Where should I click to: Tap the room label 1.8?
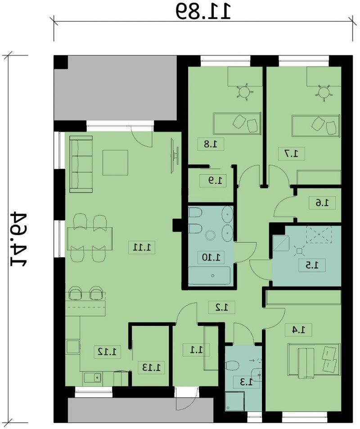click(x=211, y=144)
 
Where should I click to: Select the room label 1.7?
click(x=292, y=154)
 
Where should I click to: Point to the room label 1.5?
click(x=312, y=265)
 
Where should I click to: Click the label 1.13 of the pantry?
click(x=152, y=367)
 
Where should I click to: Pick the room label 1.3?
click(x=246, y=382)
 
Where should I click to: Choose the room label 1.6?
click(x=322, y=203)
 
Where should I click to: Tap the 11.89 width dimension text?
click(x=203, y=11)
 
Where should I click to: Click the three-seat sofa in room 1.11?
click(x=81, y=164)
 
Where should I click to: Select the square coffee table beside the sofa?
click(x=116, y=163)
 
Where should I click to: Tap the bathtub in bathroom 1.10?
click(x=210, y=275)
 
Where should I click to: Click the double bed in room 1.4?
click(x=314, y=361)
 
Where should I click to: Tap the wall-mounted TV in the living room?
click(x=175, y=155)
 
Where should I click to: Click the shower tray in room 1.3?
click(x=234, y=402)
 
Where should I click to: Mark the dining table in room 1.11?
click(x=90, y=239)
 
